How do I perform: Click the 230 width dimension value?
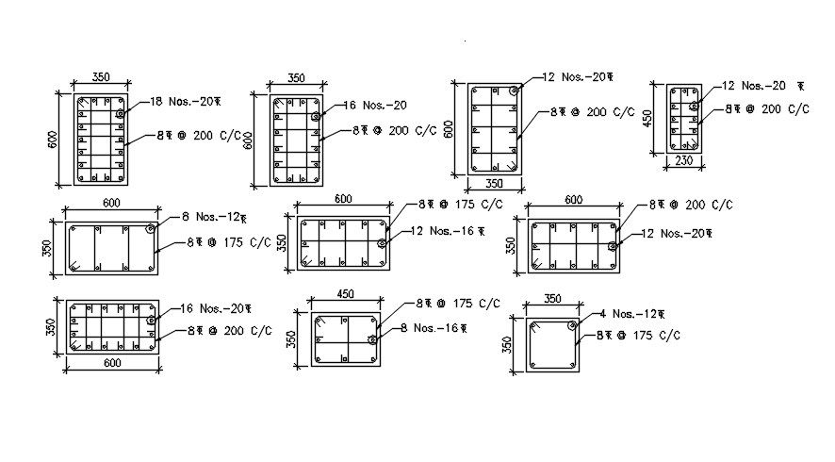point(684,162)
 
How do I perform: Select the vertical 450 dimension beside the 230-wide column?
point(648,120)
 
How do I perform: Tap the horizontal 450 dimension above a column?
point(346,294)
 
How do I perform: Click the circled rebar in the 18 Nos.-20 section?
point(122,114)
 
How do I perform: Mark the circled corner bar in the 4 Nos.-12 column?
point(573,325)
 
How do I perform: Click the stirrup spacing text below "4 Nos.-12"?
point(636,335)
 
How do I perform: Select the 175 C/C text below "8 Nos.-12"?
point(229,242)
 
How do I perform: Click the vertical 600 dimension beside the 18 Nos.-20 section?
point(55,139)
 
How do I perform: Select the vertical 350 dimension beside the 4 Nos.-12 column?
point(507,345)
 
